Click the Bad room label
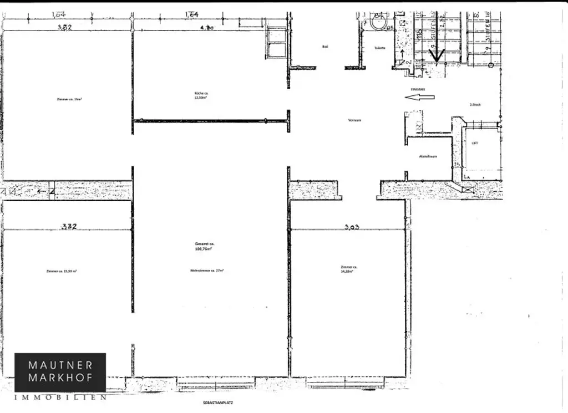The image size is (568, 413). (x=326, y=47)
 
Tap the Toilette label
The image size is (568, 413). (x=379, y=48)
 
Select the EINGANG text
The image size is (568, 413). (x=418, y=89)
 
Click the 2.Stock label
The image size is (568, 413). (x=475, y=104)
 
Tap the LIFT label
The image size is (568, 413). (x=475, y=143)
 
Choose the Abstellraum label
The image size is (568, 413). (x=428, y=156)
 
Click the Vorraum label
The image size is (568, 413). (x=354, y=120)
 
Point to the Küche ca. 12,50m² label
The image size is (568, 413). (x=200, y=95)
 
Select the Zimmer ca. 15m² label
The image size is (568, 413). (x=69, y=99)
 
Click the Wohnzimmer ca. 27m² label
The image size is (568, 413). (x=206, y=271)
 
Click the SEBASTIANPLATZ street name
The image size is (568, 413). (x=214, y=403)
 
